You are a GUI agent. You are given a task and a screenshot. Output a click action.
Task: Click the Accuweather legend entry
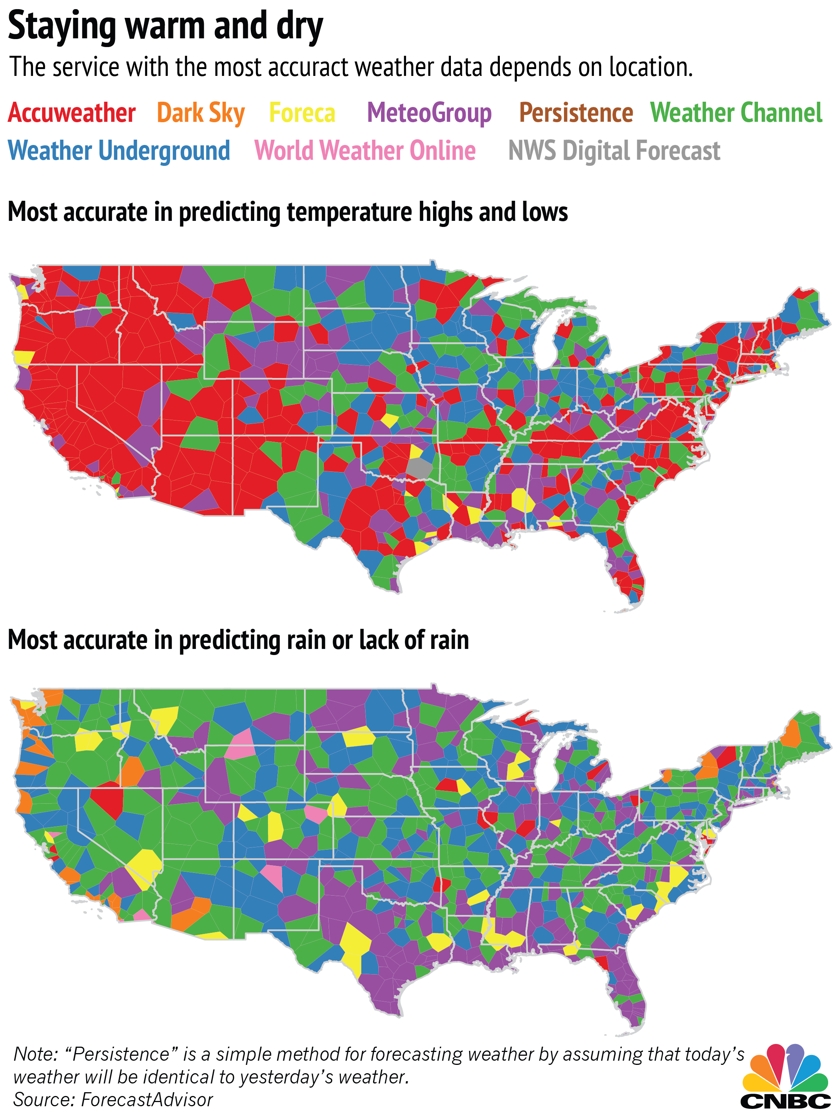click(x=72, y=113)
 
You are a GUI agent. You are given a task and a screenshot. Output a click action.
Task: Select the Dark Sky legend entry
click(x=201, y=113)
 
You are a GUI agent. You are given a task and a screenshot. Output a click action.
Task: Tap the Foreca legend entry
click(x=302, y=113)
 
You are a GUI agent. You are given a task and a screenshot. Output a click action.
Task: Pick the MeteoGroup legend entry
click(x=429, y=113)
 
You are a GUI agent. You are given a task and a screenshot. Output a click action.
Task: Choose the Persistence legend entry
click(x=576, y=113)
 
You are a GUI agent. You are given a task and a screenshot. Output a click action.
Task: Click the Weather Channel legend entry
click(x=736, y=113)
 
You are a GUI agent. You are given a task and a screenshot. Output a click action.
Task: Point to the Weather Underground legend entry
click(x=119, y=151)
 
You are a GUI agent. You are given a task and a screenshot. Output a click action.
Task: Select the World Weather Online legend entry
click(x=365, y=151)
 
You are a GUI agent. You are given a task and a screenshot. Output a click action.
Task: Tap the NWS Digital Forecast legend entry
click(x=614, y=151)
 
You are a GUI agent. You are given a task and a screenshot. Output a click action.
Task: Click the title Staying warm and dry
click(x=165, y=26)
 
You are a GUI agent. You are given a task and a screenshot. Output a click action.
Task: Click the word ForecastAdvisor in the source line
click(x=147, y=1100)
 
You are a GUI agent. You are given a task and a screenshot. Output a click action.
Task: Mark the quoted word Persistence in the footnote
click(x=122, y=1054)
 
